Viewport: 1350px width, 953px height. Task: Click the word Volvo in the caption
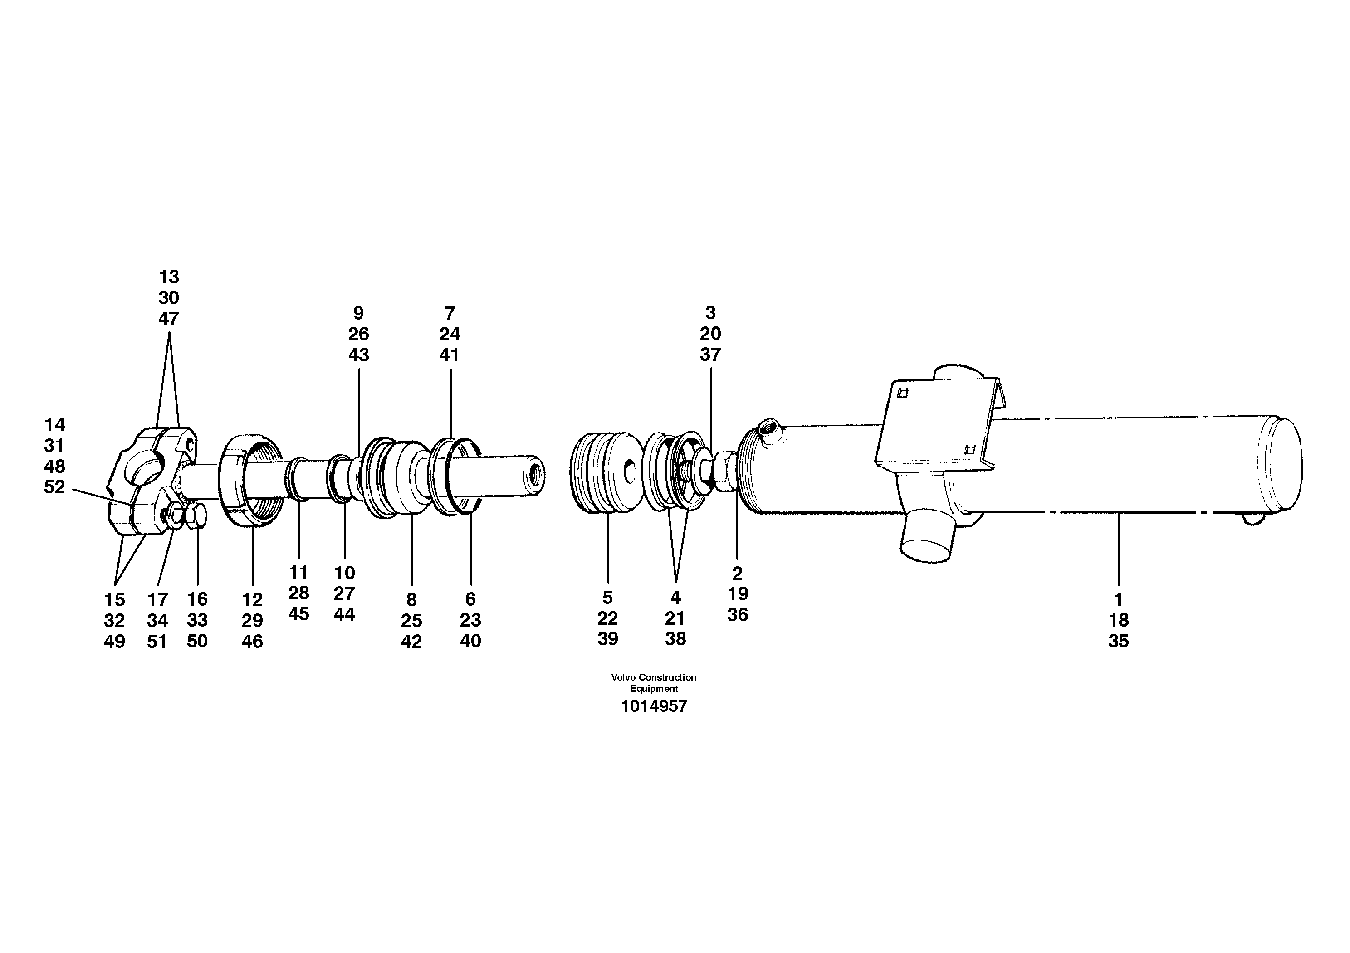pyautogui.click(x=623, y=677)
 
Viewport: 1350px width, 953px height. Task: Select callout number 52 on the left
pyautogui.click(x=55, y=487)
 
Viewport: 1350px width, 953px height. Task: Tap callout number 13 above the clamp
pyautogui.click(x=169, y=277)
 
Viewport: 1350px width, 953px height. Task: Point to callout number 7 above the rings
pyautogui.click(x=450, y=313)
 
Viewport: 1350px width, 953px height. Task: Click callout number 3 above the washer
pyautogui.click(x=710, y=312)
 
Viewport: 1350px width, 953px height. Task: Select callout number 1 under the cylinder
pyautogui.click(x=1118, y=600)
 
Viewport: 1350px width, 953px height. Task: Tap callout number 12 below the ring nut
pyautogui.click(x=252, y=600)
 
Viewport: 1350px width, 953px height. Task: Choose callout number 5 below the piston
pyautogui.click(x=607, y=598)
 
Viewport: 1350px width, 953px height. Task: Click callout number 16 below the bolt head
pyautogui.click(x=198, y=599)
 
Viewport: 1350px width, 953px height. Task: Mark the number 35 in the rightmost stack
pyautogui.click(x=1118, y=641)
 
